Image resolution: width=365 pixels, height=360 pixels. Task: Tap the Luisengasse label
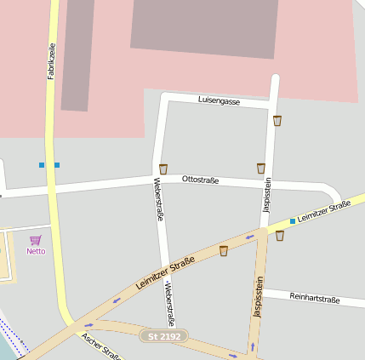click(219, 100)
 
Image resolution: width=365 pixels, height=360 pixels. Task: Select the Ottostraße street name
click(200, 180)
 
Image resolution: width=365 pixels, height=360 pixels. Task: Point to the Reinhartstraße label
click(315, 298)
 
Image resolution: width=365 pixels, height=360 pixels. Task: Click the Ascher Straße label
click(100, 345)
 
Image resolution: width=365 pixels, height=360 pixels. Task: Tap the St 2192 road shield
click(164, 336)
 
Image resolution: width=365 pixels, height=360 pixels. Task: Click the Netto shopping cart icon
click(36, 240)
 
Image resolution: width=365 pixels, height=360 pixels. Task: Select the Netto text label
click(36, 251)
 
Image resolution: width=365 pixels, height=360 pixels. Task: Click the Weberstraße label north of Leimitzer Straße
click(158, 199)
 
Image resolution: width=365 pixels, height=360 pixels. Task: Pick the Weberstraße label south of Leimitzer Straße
click(168, 305)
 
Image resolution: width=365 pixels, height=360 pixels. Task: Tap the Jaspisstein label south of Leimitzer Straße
click(257, 297)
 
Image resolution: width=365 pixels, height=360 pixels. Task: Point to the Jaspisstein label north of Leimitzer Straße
click(267, 194)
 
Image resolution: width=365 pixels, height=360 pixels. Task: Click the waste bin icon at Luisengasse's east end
click(277, 121)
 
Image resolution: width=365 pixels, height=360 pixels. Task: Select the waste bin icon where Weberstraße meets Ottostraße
click(163, 169)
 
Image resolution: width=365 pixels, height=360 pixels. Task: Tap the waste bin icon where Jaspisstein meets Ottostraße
click(261, 169)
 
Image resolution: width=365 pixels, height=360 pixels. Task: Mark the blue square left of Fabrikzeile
click(41, 164)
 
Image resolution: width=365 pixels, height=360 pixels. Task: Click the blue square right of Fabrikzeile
click(57, 164)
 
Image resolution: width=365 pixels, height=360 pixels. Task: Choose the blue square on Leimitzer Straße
click(293, 220)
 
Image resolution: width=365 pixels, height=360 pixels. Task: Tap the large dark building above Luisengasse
click(205, 26)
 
